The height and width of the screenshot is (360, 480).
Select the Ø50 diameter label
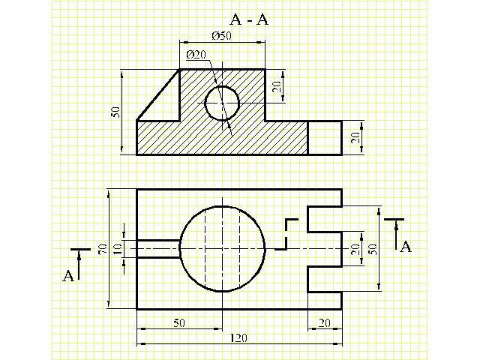tap(221, 37)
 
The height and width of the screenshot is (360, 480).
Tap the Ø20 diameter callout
tap(196, 55)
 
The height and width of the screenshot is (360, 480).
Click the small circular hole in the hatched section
tap(221, 103)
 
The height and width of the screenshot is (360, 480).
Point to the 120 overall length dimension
tap(239, 338)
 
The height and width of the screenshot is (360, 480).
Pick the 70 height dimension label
tap(103, 249)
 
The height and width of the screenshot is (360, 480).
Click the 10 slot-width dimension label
tap(117, 248)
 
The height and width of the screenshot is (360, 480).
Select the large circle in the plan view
tap(223, 248)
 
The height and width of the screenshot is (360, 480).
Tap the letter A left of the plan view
tap(67, 277)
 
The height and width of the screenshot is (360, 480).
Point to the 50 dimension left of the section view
tap(115, 112)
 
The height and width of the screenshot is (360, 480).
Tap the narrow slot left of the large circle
tap(158, 248)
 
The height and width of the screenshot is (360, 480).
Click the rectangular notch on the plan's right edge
tap(325, 248)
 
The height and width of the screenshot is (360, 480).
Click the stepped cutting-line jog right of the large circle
tap(289, 234)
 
